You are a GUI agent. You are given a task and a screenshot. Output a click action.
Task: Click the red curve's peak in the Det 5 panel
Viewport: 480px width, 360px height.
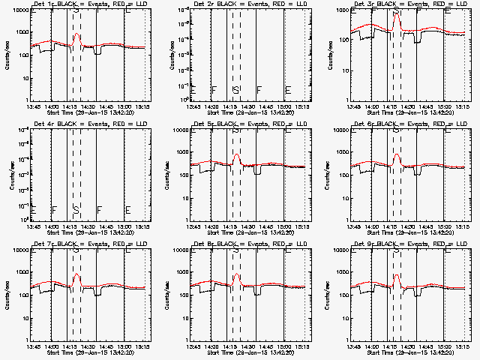237,154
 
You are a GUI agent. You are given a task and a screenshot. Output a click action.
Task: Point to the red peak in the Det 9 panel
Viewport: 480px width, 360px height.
397,275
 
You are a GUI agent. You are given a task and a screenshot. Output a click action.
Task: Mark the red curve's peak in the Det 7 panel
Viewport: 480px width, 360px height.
76,274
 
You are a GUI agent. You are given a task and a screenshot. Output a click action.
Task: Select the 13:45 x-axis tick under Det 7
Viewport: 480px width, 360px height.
34,346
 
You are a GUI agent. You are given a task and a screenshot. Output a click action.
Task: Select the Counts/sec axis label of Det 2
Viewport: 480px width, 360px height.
166,56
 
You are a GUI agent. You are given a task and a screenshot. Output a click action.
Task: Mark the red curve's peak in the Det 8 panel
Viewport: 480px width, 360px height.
237,274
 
